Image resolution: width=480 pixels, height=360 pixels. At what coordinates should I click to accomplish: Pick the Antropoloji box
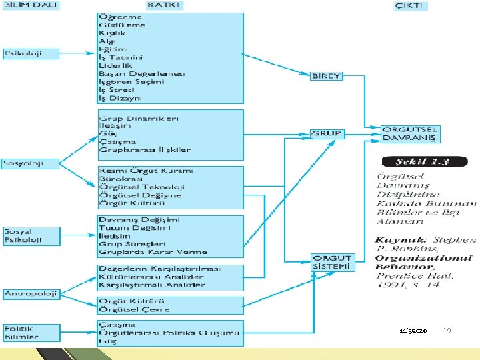tap(31, 293)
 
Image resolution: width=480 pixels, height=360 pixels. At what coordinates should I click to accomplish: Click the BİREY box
tap(327, 76)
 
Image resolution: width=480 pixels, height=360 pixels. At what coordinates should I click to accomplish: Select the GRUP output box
tap(327, 134)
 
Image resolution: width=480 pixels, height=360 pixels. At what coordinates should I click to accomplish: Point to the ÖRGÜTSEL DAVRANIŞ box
tap(409, 134)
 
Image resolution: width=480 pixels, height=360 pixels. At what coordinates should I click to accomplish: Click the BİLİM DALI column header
tap(31, 5)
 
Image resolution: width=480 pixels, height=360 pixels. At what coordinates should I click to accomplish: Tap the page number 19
tap(447, 331)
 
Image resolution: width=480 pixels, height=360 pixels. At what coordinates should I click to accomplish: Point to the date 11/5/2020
tap(413, 331)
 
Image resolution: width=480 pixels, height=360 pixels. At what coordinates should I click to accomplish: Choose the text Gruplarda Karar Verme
tap(153, 252)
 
